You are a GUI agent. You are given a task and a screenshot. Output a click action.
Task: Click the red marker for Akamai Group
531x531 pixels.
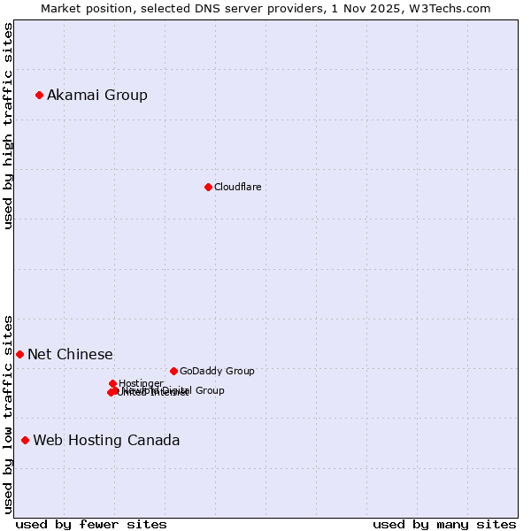pyautogui.click(x=39, y=95)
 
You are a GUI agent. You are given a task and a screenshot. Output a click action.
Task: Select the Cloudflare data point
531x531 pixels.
pyautogui.click(x=208, y=187)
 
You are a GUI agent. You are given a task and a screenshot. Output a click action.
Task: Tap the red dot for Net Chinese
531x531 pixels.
pyautogui.click(x=19, y=354)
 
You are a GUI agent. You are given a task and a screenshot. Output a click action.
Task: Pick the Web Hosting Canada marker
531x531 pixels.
pyautogui.click(x=25, y=440)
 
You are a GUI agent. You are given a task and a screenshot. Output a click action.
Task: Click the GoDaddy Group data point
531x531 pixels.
pyautogui.click(x=173, y=371)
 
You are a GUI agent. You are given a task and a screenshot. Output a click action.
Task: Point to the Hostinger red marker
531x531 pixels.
pyautogui.click(x=112, y=383)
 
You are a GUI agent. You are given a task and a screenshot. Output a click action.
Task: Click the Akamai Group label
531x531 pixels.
pyautogui.click(x=97, y=95)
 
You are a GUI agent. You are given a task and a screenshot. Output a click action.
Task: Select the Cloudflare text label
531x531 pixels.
pyautogui.click(x=237, y=187)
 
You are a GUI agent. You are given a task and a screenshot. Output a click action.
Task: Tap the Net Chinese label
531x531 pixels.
pyautogui.click(x=70, y=354)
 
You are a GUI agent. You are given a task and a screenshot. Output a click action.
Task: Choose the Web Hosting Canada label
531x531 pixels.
pyautogui.click(x=106, y=440)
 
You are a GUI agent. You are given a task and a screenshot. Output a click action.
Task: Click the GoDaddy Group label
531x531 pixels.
pyautogui.click(x=217, y=371)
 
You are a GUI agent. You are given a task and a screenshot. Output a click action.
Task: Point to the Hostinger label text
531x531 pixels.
pyautogui.click(x=141, y=383)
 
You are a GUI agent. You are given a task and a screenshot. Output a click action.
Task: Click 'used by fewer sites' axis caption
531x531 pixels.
pyautogui.click(x=91, y=524)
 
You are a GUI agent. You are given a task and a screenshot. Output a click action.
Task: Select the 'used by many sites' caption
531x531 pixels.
pyautogui.click(x=444, y=524)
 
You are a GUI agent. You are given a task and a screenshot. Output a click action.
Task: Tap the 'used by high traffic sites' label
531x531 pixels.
pyautogui.click(x=8, y=126)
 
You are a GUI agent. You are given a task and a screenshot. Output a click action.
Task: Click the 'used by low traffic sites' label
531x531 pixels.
pyautogui.click(x=8, y=413)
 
